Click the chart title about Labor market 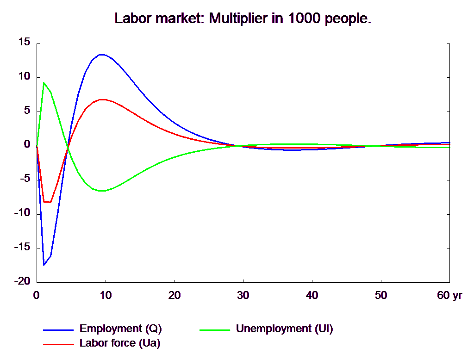(243, 19)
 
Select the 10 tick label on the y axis (24, 75)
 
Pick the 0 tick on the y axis (27, 144)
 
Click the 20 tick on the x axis (175, 295)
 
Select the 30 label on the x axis (243, 295)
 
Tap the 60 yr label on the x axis (449, 295)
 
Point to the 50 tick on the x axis (381, 295)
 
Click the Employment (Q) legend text (120, 329)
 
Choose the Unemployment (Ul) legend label (284, 329)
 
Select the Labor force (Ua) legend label (120, 343)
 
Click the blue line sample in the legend (59, 330)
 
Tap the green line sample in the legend (215, 330)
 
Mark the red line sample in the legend (59, 344)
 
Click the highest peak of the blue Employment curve (102, 55)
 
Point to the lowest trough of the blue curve (44, 265)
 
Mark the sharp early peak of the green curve (44, 83)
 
